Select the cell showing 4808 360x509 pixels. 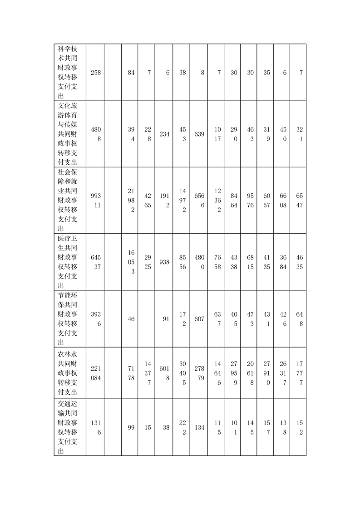click(95, 134)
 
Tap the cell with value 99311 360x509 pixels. click(95, 201)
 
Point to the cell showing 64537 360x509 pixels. click(95, 262)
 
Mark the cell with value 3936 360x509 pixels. click(95, 319)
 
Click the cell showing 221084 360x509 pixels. click(95, 373)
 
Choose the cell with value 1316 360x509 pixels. click(95, 427)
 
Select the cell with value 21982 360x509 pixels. click(131, 201)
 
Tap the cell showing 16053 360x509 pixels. click(131, 262)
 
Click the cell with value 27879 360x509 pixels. click(199, 373)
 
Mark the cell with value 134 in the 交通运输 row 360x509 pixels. click(199, 427)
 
